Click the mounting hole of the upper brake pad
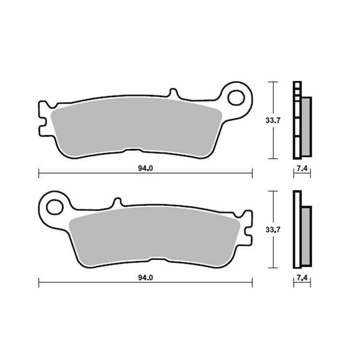pyautogui.click(x=236, y=97)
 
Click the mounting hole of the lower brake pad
pyautogui.click(x=54, y=207)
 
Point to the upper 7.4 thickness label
pyautogui.click(x=302, y=168)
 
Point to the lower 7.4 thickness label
pyautogui.click(x=302, y=277)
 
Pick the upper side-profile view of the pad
pyautogui.click(x=301, y=120)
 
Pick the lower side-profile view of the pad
pyautogui.click(x=301, y=229)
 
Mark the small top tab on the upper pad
pyautogui.click(x=174, y=92)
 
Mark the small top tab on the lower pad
pyautogui.click(x=116, y=202)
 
